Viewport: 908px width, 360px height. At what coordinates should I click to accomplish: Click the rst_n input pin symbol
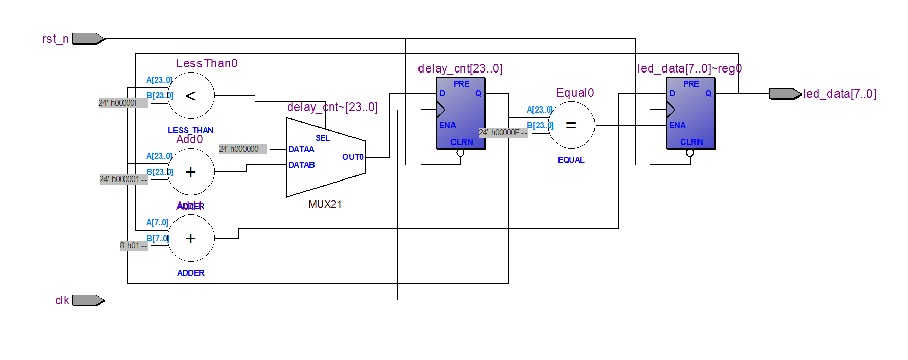(x=88, y=39)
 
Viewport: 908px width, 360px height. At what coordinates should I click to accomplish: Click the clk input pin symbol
(x=88, y=300)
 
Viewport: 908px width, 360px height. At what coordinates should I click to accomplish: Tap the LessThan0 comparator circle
(x=191, y=95)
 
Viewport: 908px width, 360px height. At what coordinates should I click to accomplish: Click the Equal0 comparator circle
(x=571, y=125)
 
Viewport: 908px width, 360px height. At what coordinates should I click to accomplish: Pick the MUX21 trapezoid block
(x=325, y=157)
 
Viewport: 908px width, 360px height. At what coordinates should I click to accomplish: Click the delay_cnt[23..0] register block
(x=461, y=113)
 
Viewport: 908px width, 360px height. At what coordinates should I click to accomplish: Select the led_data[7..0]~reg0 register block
(x=690, y=113)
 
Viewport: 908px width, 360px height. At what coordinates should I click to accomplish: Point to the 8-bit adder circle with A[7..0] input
(x=191, y=238)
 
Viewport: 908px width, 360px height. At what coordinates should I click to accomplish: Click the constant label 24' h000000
(x=242, y=149)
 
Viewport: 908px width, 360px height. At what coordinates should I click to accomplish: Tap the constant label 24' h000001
(x=123, y=179)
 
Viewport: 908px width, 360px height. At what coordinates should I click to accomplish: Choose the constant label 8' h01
(x=133, y=246)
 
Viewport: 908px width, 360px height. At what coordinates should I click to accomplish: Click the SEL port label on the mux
(x=323, y=138)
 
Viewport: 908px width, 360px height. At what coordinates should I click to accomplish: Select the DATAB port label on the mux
(x=301, y=165)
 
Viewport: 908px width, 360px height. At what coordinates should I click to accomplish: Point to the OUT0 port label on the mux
(x=353, y=157)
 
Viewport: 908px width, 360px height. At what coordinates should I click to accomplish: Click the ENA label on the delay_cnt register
(x=447, y=125)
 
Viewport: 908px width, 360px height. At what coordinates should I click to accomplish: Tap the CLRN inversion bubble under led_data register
(x=690, y=152)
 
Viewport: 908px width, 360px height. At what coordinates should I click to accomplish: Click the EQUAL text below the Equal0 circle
(x=571, y=160)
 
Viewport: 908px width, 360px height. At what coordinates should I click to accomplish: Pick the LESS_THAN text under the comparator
(x=191, y=130)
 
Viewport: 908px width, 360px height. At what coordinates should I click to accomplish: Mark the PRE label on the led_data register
(x=691, y=84)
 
